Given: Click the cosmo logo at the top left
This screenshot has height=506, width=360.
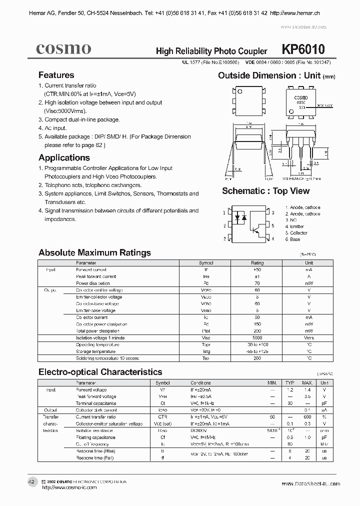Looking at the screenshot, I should click(x=63, y=48).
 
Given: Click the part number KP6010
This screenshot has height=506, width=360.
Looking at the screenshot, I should click(x=303, y=49).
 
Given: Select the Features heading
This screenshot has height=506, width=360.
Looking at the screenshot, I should click(x=56, y=75).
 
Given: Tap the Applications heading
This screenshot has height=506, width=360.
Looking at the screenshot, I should click(x=64, y=157).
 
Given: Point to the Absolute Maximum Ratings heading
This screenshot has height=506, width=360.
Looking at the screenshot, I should click(x=94, y=252).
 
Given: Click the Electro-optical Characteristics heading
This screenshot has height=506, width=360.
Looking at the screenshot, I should click(x=100, y=372).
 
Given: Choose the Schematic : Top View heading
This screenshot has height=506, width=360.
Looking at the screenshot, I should click(x=265, y=191).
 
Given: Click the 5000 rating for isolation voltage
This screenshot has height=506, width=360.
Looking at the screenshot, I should click(x=257, y=337).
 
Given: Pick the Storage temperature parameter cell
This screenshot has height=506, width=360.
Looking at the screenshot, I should click(x=95, y=351).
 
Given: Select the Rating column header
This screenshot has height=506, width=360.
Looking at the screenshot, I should click(x=257, y=262).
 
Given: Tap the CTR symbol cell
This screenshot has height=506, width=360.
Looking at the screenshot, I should click(x=162, y=416).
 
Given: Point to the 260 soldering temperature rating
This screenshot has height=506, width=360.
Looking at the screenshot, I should click(x=257, y=358).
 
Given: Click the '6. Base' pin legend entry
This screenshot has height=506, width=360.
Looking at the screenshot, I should click(x=292, y=239).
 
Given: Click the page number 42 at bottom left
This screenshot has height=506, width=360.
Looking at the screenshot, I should click(x=31, y=481).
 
